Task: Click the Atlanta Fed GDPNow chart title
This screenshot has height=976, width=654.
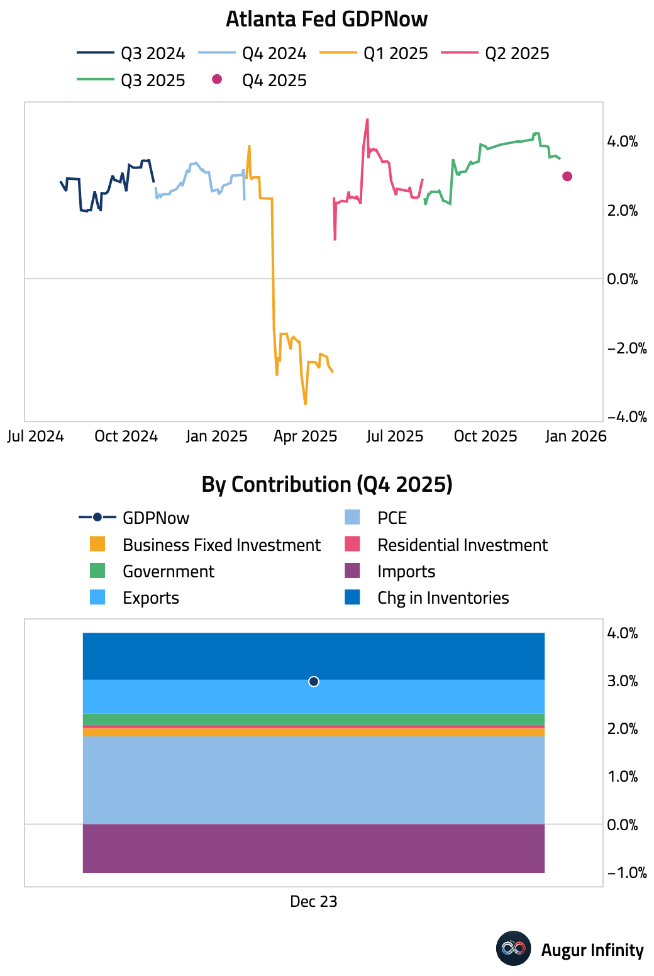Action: pos(326,19)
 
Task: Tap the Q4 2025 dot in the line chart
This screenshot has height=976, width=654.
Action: pos(567,176)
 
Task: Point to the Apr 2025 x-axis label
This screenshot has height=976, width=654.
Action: pos(305,436)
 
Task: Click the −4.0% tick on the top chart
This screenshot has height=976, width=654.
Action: pos(626,416)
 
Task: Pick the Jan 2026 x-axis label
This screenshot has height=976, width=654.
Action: pos(575,436)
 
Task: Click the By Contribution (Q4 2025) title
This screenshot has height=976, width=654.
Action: pos(326,484)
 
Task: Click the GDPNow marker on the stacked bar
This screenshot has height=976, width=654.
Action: pos(314,682)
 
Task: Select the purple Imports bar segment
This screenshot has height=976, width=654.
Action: pos(314,848)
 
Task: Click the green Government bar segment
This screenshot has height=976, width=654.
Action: pos(314,719)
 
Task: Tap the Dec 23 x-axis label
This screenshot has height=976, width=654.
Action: pos(314,902)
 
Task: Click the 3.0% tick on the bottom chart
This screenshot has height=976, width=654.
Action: pos(622,681)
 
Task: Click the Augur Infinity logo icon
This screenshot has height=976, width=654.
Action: pos(513,948)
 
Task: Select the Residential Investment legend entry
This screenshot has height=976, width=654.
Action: pos(462,545)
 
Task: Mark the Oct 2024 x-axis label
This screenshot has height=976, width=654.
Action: pos(126,436)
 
